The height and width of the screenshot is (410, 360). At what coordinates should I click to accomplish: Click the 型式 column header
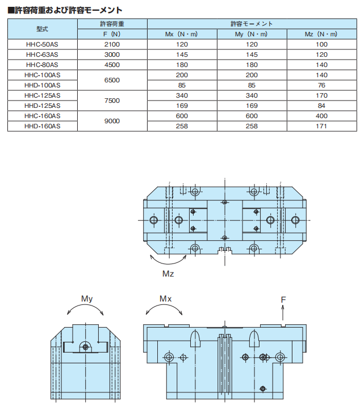[42, 28]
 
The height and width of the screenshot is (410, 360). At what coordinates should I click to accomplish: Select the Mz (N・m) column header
[321, 34]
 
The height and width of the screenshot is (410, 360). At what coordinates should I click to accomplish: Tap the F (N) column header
[112, 34]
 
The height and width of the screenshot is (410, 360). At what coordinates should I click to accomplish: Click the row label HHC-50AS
[42, 44]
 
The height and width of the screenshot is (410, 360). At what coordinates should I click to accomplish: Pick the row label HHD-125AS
[42, 106]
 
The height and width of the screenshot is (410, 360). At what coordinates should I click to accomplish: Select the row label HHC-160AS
[42, 116]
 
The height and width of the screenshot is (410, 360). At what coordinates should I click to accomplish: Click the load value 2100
[112, 44]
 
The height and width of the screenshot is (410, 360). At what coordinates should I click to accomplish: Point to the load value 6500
[112, 80]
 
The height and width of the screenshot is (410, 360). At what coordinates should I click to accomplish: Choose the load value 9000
[112, 121]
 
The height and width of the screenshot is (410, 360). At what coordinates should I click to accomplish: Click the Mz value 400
[321, 116]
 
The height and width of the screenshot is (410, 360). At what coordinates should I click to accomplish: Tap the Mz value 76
[321, 85]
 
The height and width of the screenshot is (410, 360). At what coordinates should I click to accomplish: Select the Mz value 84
[321, 106]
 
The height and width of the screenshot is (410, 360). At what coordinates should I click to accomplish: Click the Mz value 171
[321, 126]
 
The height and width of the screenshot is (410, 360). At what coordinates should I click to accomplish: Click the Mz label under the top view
[168, 275]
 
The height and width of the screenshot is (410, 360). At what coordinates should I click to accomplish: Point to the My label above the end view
[87, 299]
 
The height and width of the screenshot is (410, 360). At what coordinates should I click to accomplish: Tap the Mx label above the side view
[165, 299]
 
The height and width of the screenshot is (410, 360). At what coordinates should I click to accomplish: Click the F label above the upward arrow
[283, 299]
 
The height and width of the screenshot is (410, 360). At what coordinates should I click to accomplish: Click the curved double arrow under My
[85, 310]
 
